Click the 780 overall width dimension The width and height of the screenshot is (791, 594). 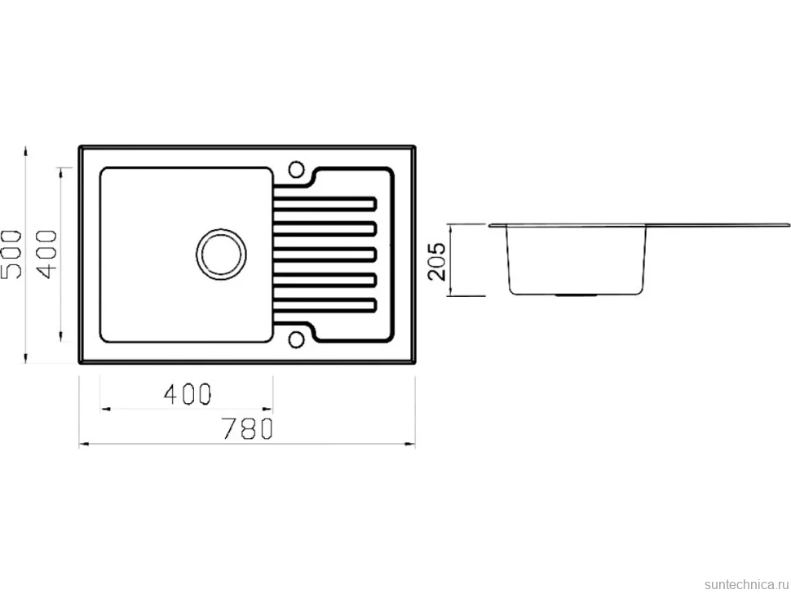(x=248, y=428)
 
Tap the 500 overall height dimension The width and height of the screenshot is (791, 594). (x=11, y=255)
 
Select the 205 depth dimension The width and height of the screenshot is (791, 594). (x=437, y=261)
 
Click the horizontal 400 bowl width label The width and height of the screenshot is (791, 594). (x=188, y=393)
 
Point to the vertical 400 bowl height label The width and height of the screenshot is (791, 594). (x=47, y=254)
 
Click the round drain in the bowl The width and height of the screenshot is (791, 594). (x=221, y=255)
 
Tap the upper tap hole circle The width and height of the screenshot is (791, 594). (x=296, y=169)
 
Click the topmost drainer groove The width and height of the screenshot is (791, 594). (x=325, y=203)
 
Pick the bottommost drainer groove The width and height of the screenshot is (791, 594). (x=325, y=305)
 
